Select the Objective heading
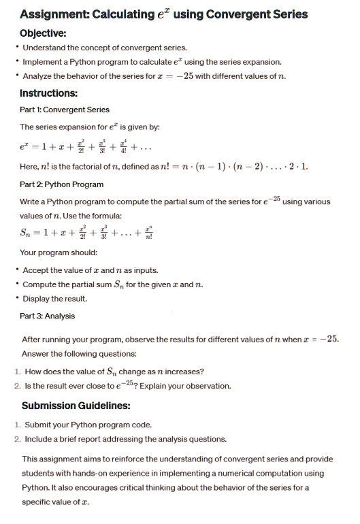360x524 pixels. (x=43, y=33)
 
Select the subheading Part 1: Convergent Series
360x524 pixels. (x=65, y=110)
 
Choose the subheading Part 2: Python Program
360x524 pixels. (x=62, y=183)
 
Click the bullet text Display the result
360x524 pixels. (x=55, y=299)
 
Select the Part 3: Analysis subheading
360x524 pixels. (x=48, y=316)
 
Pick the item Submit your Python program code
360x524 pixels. (x=88, y=425)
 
